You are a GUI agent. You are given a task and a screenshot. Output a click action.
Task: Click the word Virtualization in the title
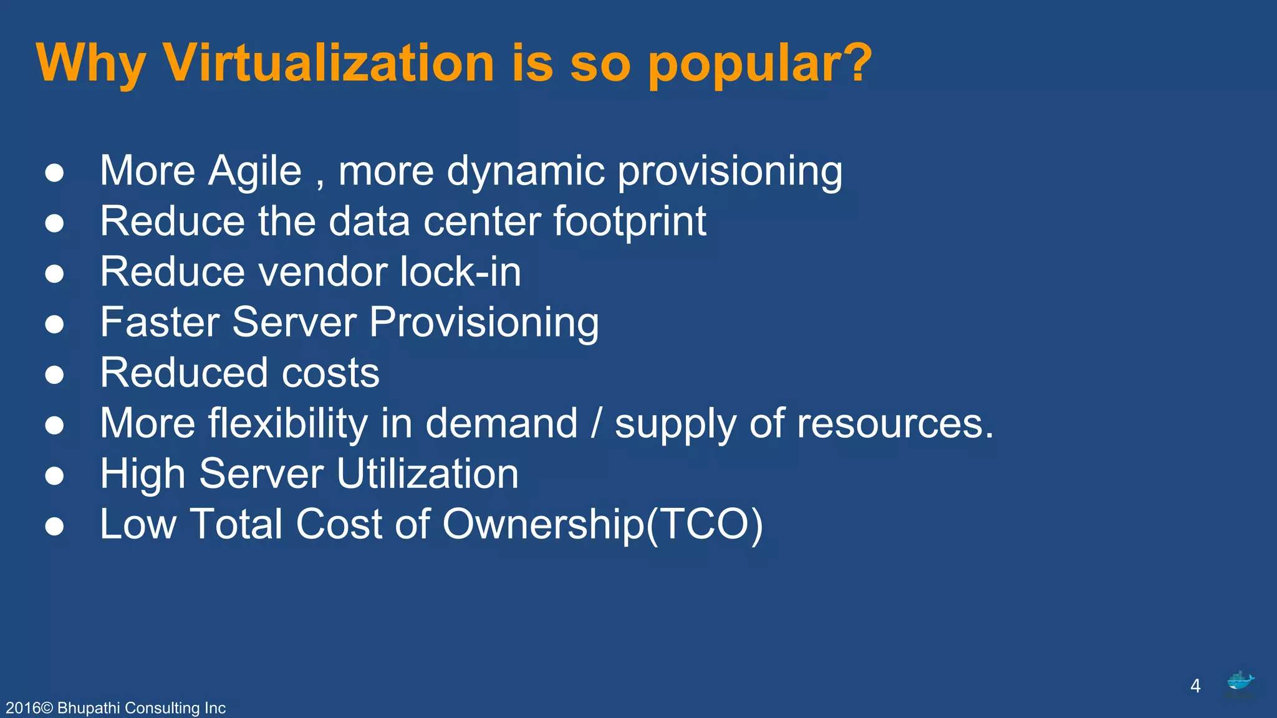click(x=329, y=63)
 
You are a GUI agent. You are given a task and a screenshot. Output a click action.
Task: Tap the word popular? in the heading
click(x=760, y=64)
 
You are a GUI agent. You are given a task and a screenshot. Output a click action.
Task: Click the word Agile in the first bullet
click(x=255, y=171)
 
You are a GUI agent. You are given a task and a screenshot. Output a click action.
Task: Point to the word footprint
click(x=630, y=222)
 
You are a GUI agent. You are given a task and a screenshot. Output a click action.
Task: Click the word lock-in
click(x=460, y=272)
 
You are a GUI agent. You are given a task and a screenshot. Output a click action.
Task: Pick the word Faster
click(x=160, y=322)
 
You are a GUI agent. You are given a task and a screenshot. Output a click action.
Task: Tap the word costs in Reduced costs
click(x=330, y=373)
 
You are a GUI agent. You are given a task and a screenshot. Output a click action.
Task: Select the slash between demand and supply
click(x=596, y=424)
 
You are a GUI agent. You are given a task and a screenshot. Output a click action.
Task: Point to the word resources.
click(x=895, y=424)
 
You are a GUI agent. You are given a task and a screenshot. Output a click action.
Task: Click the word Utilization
click(x=427, y=474)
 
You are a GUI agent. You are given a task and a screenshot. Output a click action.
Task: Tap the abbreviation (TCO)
click(x=704, y=524)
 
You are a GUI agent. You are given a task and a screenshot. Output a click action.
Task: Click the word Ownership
click(x=542, y=524)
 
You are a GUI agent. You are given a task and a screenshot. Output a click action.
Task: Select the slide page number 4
click(x=1195, y=686)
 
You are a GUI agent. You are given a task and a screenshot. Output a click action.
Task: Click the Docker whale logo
click(x=1240, y=682)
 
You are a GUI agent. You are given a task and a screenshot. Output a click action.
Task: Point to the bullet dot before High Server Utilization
click(x=55, y=476)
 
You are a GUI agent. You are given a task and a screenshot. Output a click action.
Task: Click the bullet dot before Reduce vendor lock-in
click(x=55, y=274)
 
